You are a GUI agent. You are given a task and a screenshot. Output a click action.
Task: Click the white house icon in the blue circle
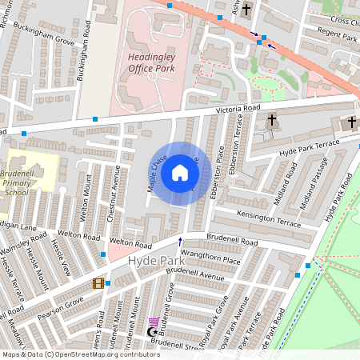(180, 172)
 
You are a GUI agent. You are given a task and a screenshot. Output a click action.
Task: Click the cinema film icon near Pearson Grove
(98, 283)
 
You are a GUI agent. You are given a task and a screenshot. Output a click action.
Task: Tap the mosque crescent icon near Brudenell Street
(153, 331)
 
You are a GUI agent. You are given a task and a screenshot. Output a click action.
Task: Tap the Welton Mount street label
(86, 208)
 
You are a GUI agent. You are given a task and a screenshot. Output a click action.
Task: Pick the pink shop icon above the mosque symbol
(154, 321)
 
